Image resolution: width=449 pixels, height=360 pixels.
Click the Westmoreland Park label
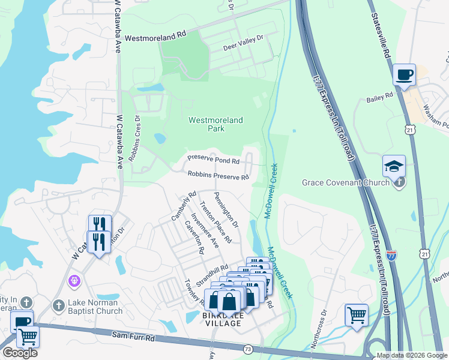click(x=215, y=124)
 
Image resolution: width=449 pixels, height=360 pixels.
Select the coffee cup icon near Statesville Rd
click(x=404, y=75)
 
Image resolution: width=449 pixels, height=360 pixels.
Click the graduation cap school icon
click(x=394, y=166)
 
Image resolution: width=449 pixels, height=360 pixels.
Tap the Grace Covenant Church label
click(x=345, y=182)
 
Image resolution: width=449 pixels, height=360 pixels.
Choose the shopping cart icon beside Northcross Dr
click(x=357, y=314)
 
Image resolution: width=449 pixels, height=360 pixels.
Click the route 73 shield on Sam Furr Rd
click(x=248, y=349)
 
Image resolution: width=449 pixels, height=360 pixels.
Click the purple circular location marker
click(x=74, y=280)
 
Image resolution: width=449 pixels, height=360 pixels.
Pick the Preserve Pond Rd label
click(x=213, y=160)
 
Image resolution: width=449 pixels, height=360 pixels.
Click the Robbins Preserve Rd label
click(x=218, y=176)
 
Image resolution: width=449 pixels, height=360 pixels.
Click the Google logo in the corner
click(x=19, y=353)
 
